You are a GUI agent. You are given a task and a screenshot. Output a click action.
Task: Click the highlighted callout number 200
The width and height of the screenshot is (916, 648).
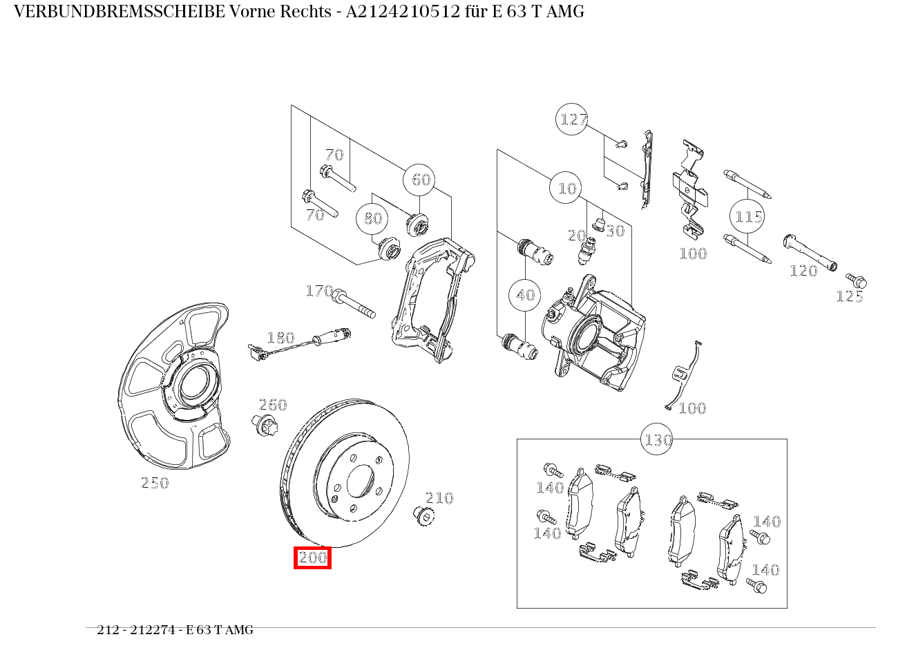pyautogui.click(x=312, y=558)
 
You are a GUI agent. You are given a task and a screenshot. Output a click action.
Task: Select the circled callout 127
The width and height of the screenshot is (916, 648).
pyautogui.click(x=572, y=120)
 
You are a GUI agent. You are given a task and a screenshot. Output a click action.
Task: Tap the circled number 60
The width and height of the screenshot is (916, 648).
pyautogui.click(x=421, y=180)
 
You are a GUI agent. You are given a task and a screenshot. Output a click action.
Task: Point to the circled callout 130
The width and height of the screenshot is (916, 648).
pyautogui.click(x=658, y=439)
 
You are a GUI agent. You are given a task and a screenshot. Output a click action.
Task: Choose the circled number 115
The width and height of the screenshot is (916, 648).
pyautogui.click(x=747, y=217)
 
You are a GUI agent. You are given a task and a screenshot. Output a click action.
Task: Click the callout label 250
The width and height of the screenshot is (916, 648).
pyautogui.click(x=155, y=484)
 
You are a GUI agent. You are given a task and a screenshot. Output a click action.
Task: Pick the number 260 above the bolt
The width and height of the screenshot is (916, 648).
pyautogui.click(x=273, y=405)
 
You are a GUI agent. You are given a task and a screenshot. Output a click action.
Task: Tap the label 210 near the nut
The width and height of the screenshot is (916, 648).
pyautogui.click(x=439, y=498)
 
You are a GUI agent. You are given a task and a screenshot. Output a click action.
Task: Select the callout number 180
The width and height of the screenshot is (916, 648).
pyautogui.click(x=280, y=338)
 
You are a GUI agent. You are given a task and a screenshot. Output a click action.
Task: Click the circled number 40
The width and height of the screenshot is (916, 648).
pyautogui.click(x=525, y=295)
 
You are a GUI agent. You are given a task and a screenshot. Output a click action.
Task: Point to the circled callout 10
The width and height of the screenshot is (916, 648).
pyautogui.click(x=566, y=188)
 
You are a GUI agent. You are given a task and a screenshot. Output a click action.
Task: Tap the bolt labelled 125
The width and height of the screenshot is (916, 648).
pyautogui.click(x=857, y=281)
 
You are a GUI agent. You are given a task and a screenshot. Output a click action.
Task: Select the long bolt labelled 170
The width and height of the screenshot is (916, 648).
pyautogui.click(x=354, y=305)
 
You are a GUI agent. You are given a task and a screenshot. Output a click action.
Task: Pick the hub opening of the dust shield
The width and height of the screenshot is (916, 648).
pyautogui.click(x=194, y=383)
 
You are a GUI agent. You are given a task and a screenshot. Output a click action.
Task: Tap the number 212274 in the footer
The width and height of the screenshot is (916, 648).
pyautogui.click(x=152, y=630)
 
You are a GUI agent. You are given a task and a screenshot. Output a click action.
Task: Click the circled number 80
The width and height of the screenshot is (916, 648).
pyautogui.click(x=372, y=218)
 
